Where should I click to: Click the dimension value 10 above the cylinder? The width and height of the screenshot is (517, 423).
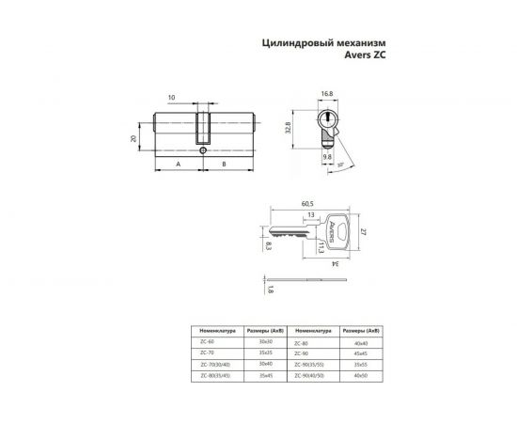(172, 98)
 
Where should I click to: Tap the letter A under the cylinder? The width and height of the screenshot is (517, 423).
(178, 164)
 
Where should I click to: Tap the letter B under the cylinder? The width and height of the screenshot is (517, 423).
(224, 164)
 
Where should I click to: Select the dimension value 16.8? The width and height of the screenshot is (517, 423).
(326, 94)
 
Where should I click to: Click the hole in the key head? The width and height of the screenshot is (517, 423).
(340, 231)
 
